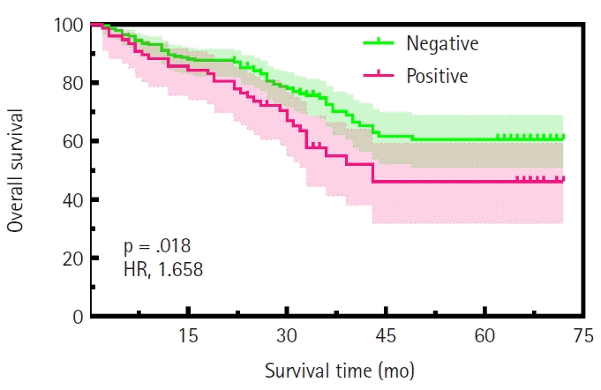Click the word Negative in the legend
442,43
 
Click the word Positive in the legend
437,76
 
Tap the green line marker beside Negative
379,42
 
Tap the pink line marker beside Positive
379,75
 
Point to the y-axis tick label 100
69,26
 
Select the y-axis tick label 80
73,84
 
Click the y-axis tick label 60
73,142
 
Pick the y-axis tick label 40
73,200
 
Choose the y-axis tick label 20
73,259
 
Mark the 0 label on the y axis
79,317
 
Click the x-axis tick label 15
188,336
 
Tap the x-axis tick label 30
287,336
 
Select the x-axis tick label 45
386,336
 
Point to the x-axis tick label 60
485,336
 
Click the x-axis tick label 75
583,336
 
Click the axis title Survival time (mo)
340,371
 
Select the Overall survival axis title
15,171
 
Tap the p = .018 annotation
157,246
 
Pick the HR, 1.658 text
163,270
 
